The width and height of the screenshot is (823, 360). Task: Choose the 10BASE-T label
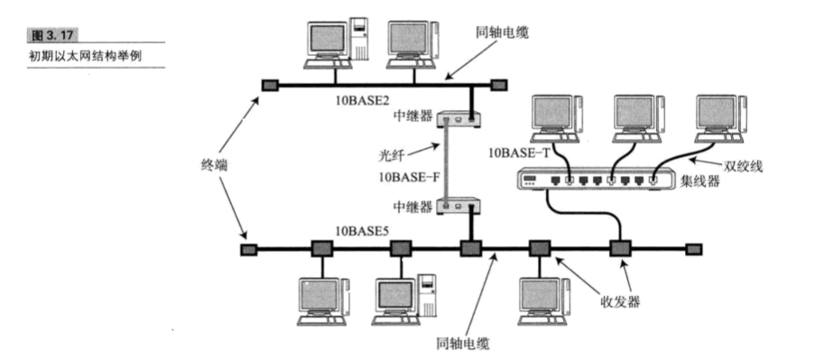[x=519, y=152]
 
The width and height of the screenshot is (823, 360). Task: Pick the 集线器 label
[x=703, y=186]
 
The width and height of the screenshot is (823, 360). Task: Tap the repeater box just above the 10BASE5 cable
[x=459, y=207]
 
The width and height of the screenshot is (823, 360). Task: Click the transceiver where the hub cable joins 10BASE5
[x=620, y=247]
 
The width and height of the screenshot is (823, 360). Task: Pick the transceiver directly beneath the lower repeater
[x=469, y=247]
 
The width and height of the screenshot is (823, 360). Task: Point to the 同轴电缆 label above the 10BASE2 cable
[x=502, y=33]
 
